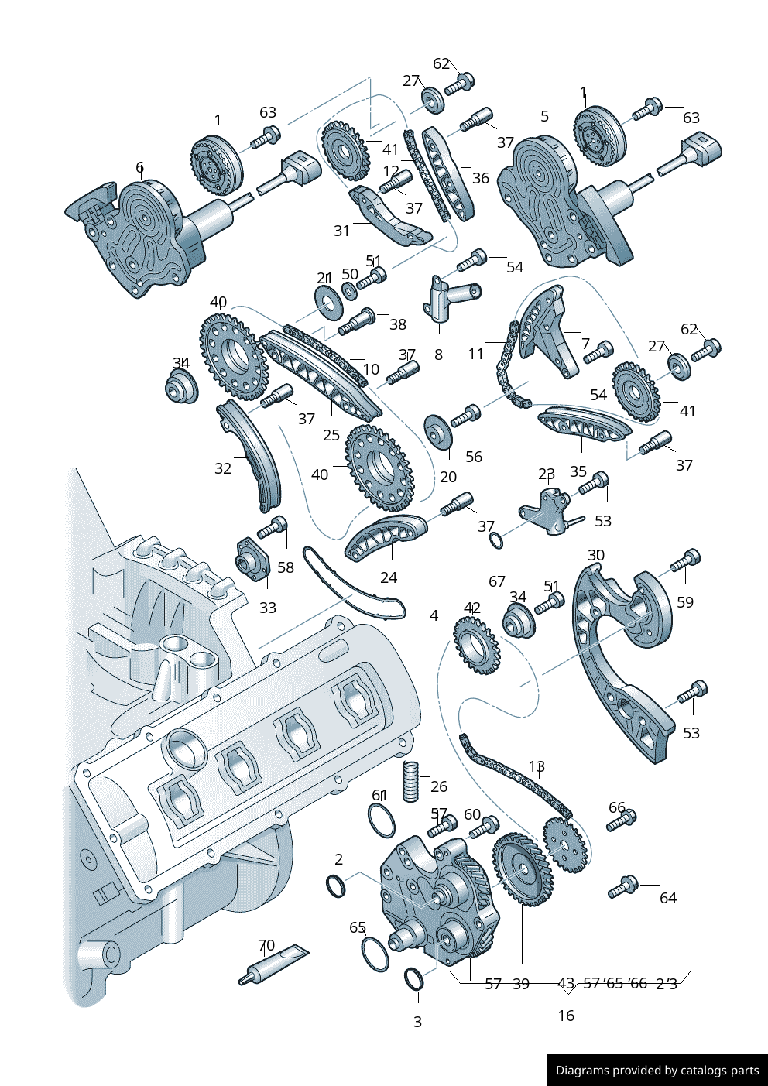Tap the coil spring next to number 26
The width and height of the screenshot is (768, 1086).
[410, 782]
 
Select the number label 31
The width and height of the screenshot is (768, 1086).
[341, 231]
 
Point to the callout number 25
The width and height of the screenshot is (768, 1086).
[331, 435]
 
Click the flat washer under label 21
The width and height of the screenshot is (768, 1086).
[329, 299]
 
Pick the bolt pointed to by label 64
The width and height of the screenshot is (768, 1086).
[623, 888]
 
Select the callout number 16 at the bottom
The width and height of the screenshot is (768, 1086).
[566, 1016]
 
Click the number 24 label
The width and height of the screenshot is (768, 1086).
[389, 577]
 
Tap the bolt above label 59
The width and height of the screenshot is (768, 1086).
[686, 560]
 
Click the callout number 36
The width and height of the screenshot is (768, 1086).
[481, 178]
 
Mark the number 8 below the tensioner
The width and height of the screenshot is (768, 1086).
[438, 355]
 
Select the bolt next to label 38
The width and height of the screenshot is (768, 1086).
[357, 321]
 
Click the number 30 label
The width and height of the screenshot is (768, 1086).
[596, 555]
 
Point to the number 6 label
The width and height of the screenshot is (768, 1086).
[139, 166]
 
